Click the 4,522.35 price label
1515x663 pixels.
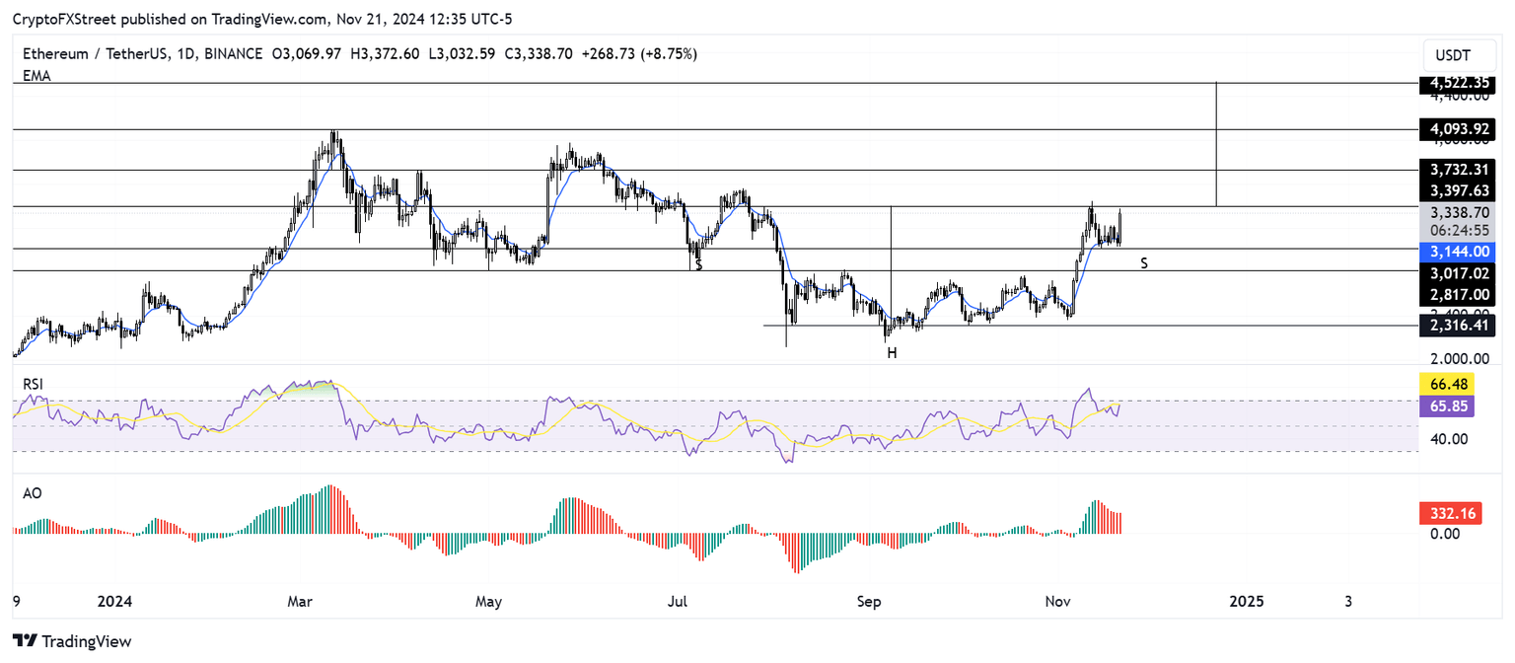pos(1459,84)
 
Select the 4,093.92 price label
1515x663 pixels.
pos(1459,129)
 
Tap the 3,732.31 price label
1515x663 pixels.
pos(1459,170)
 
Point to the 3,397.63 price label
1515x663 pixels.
pos(1459,190)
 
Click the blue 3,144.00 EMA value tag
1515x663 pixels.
pos(1459,251)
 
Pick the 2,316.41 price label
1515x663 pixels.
pos(1459,325)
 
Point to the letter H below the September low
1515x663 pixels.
pos(892,352)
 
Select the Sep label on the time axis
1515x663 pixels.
pos(869,601)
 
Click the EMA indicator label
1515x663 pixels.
pos(37,75)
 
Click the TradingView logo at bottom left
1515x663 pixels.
pos(73,640)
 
